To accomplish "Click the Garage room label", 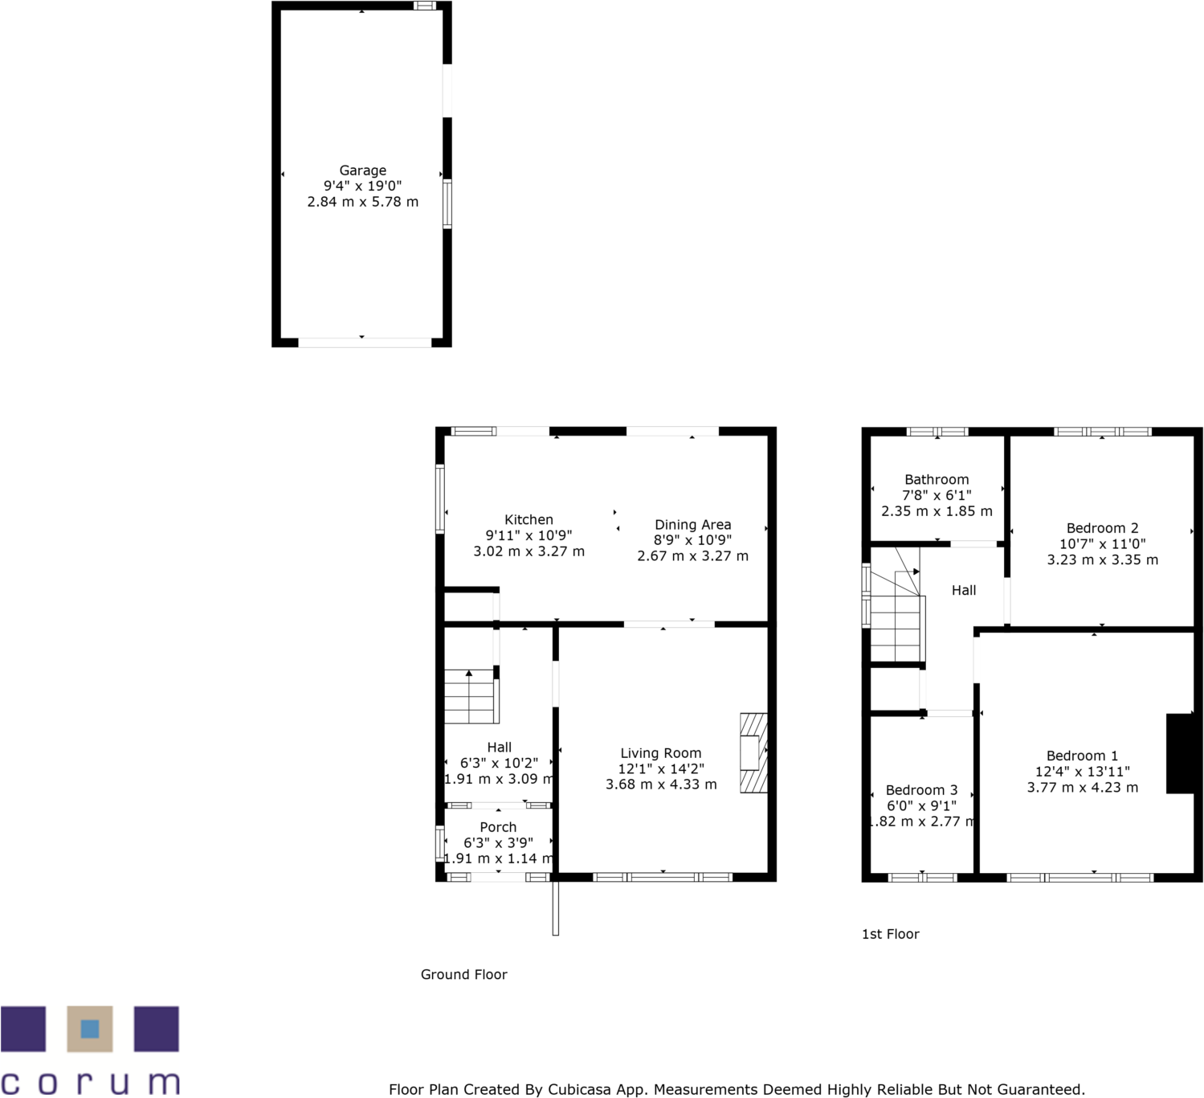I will coord(362,170).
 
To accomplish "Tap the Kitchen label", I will coord(529,520).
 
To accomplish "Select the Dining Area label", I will coord(692,525).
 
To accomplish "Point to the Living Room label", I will coord(660,753).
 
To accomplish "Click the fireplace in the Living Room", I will coord(753,753).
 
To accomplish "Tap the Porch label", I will coord(498,827).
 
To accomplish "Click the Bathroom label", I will coord(937,480).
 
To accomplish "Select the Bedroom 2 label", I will coord(1102,528).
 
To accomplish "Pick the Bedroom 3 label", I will coord(921,790).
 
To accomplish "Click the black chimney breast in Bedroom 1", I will coord(1180,753).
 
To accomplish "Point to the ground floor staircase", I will coord(471,697).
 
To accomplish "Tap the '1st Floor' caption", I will coord(890,934).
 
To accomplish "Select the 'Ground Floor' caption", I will coord(463,974).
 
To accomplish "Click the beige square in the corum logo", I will coord(90,1029).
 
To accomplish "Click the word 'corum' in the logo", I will coord(90,1082).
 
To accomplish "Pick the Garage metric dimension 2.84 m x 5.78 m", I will coord(362,202).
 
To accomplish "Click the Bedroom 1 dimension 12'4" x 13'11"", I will coord(1082,772).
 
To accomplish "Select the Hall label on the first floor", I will coord(964,590).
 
